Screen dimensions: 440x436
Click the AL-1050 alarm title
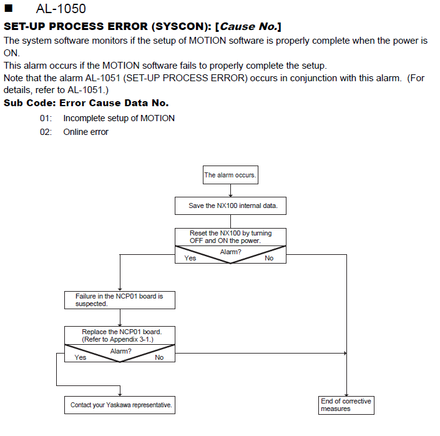61,9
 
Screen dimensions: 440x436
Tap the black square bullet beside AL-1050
9,8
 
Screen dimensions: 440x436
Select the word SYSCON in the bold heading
178,26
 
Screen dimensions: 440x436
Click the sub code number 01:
46,118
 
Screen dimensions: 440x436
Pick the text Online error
86,132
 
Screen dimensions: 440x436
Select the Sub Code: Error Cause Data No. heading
86,103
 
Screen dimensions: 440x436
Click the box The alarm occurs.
230,175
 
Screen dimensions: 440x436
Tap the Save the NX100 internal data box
230,206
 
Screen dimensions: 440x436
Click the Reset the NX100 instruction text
231,237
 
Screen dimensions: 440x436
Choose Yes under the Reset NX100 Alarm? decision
190,258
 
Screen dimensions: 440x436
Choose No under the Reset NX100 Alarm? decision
269,258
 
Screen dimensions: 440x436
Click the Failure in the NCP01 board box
120,300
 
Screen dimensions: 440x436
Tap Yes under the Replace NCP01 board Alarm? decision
80,357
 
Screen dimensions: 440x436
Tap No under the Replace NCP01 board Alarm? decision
159,357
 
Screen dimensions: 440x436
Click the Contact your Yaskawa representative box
120,405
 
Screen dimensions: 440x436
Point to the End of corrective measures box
346,405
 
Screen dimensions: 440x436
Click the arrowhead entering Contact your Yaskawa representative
120,394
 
